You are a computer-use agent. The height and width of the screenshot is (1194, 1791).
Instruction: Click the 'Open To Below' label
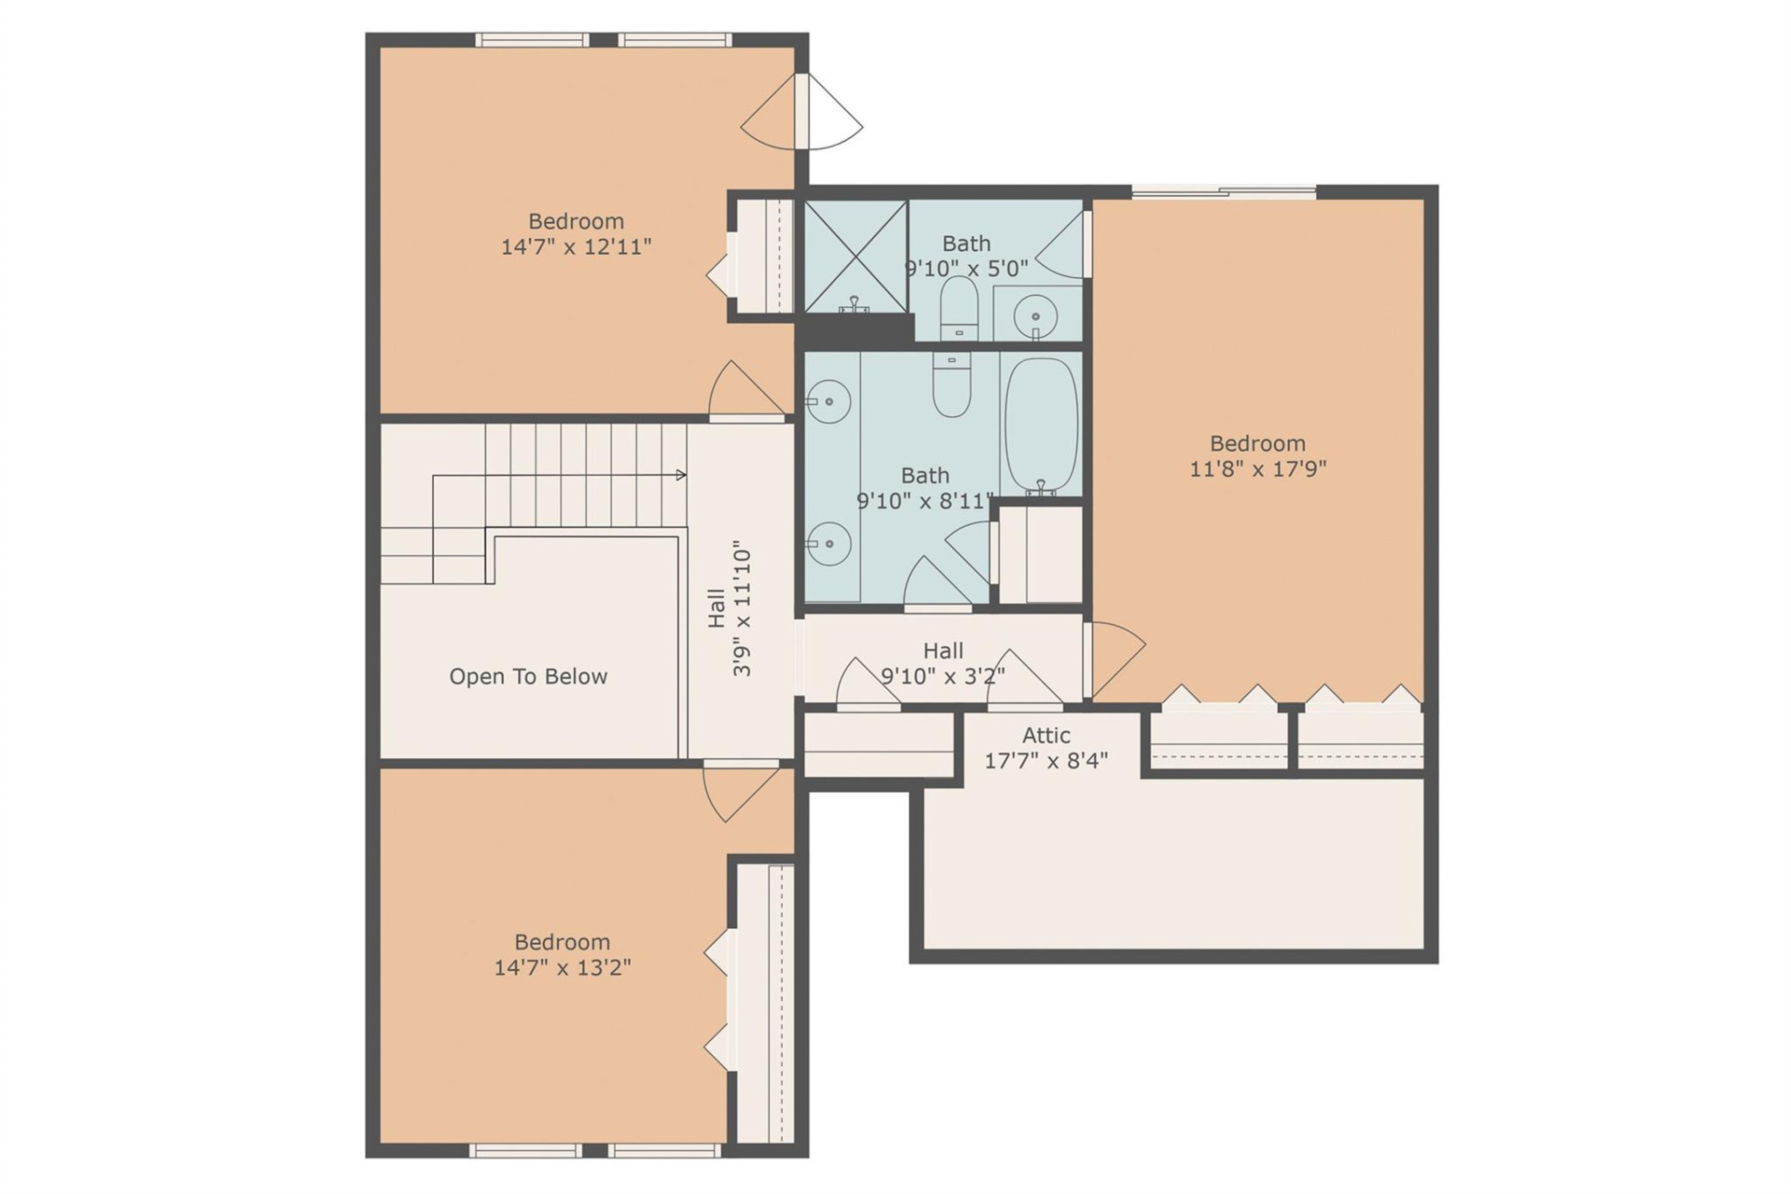click(528, 676)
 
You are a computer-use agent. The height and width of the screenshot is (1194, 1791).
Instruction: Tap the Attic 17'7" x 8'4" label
click(1046, 748)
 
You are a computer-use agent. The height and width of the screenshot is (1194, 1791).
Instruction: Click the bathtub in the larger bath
click(1041, 425)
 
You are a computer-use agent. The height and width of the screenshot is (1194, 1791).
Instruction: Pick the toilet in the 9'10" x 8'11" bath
click(951, 385)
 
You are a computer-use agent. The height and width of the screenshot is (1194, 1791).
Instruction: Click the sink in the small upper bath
click(1034, 315)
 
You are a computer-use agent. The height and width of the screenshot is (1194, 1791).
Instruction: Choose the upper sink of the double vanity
click(827, 402)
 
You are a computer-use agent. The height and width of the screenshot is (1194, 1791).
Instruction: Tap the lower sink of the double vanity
click(827, 544)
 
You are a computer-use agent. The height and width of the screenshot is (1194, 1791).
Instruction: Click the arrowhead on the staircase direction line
click(681, 476)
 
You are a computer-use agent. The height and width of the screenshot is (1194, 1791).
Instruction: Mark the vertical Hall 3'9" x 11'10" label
click(729, 608)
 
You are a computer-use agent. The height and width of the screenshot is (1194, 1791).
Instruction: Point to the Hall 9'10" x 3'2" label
click(943, 663)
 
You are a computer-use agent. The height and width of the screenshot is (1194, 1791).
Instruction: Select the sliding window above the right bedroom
click(1224, 193)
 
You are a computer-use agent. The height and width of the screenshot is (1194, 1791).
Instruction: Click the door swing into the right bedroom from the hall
click(1115, 656)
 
